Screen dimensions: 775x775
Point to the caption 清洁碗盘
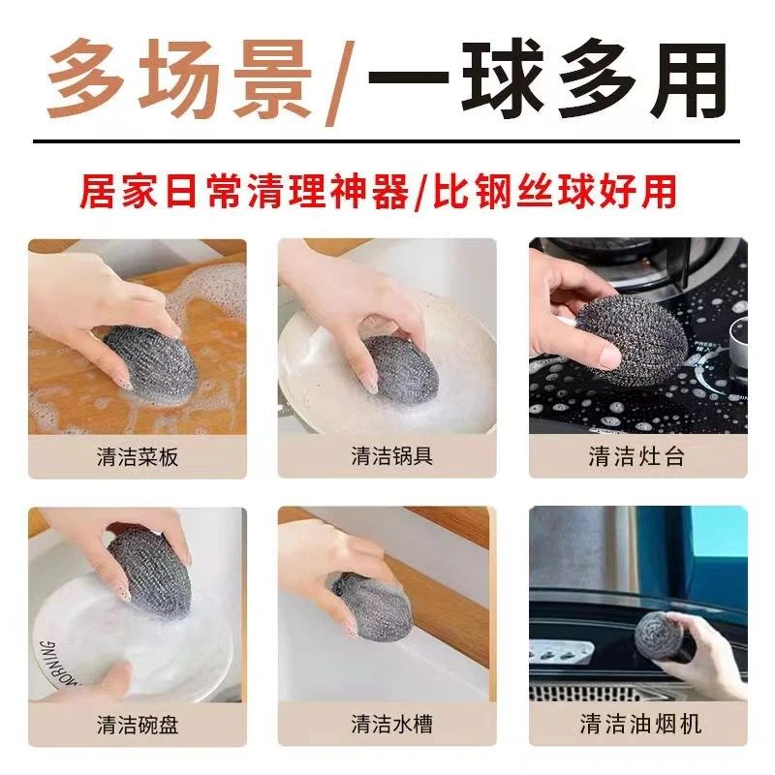(x=138, y=724)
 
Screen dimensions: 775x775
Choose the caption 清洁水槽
(x=387, y=724)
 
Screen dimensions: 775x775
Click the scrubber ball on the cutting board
(x=142, y=358)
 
